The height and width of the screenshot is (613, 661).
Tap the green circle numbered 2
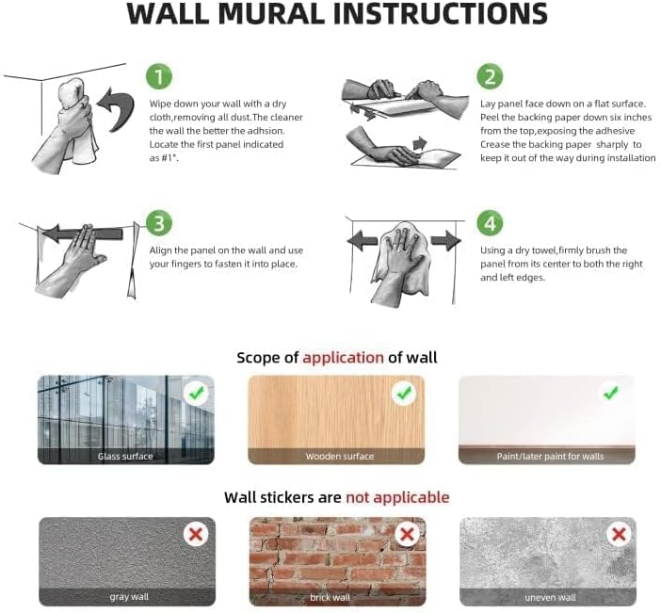489,76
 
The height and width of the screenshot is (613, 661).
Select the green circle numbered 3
160,224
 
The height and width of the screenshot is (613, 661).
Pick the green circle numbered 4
489,224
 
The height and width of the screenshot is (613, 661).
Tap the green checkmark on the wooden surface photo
405,394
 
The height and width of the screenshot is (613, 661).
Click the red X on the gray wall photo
196,534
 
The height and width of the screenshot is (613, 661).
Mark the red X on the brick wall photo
406,534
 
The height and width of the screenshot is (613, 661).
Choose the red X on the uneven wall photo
619,534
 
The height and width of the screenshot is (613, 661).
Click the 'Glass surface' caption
125,457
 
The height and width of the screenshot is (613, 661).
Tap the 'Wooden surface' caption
339,457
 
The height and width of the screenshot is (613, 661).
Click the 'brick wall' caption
330,597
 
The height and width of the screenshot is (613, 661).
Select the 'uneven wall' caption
550,597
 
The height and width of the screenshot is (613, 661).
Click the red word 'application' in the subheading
343,358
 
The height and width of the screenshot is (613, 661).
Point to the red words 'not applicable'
397,497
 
